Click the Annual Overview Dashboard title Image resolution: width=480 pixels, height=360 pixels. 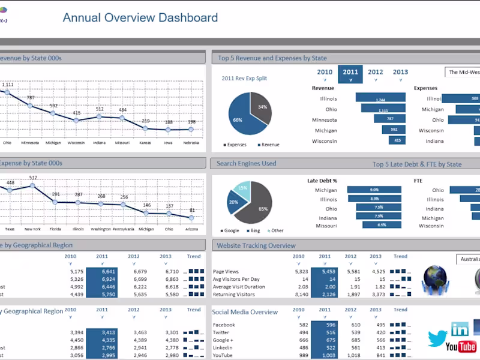pos(140,17)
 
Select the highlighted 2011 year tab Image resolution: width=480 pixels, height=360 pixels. pos(350,73)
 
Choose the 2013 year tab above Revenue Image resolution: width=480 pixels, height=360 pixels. pos(400,73)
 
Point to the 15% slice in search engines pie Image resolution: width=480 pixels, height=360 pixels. pos(242,188)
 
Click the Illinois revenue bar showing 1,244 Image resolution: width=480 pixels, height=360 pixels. pos(380,99)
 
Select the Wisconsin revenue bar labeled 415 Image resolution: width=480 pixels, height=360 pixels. pos(395,140)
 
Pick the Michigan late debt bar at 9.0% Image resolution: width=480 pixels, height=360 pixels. pos(374,190)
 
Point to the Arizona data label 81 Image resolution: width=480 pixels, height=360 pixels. pos(192,210)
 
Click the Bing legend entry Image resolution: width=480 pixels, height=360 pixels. pos(254,230)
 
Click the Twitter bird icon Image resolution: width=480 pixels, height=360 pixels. pos(438,337)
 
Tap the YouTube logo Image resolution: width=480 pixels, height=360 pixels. pos(460,347)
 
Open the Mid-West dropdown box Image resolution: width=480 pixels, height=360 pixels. pos(463,72)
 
